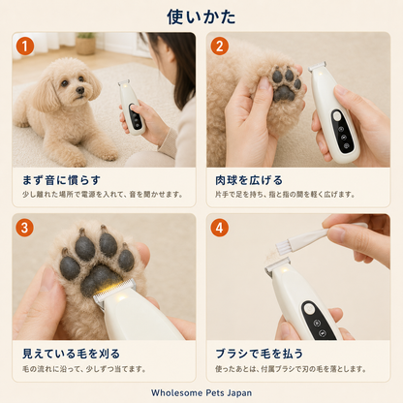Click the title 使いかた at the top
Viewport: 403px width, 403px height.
tap(201, 16)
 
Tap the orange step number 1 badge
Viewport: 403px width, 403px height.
tap(25, 46)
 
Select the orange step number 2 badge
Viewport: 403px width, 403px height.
tap(220, 46)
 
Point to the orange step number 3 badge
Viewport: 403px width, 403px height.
tap(25, 228)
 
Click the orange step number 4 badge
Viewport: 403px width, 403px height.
tap(220, 228)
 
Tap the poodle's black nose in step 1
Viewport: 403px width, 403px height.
tap(79, 91)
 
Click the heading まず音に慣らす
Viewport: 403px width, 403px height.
tap(61, 180)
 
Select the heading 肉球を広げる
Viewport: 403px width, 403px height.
tap(249, 180)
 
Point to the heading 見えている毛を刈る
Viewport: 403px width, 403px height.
tap(71, 354)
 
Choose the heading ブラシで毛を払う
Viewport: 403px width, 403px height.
tap(260, 354)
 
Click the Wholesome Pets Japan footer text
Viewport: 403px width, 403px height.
tap(201, 392)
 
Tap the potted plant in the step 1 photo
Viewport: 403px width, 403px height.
tap(85, 44)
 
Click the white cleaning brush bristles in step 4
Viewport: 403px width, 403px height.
tap(283, 248)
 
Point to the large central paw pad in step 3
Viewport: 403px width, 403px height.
tap(100, 279)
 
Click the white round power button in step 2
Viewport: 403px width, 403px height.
tap(337, 115)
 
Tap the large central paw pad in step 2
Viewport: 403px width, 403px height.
tap(284, 93)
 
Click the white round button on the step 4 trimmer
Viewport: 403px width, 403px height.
tap(309, 309)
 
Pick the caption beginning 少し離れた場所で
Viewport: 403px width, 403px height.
tap(103, 195)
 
